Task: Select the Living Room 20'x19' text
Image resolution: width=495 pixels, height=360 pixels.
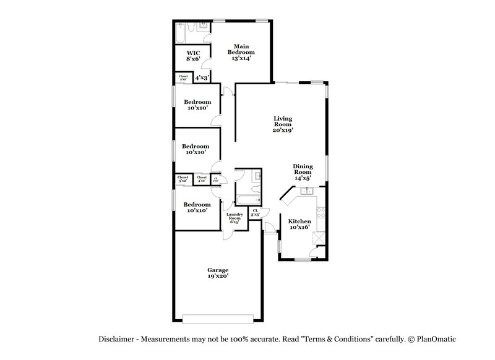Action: point(283,124)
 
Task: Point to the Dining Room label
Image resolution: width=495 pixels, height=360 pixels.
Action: point(303,171)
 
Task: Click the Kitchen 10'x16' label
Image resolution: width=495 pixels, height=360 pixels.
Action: point(300,224)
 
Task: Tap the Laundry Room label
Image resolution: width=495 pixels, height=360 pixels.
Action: point(235,216)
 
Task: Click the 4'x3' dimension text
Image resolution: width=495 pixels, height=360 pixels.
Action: point(202,78)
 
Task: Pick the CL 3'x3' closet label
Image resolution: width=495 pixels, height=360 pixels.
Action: point(256,212)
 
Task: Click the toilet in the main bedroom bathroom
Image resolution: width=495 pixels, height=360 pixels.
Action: point(191,27)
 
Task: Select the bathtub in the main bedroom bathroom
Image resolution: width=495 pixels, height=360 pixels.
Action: point(180,35)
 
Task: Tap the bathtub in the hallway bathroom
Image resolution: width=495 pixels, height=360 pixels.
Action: point(244,200)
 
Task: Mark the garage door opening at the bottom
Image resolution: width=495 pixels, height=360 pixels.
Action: point(217,319)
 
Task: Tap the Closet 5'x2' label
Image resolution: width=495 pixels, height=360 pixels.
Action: point(183,179)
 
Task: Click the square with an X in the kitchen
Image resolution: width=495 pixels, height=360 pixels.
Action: point(320,237)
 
